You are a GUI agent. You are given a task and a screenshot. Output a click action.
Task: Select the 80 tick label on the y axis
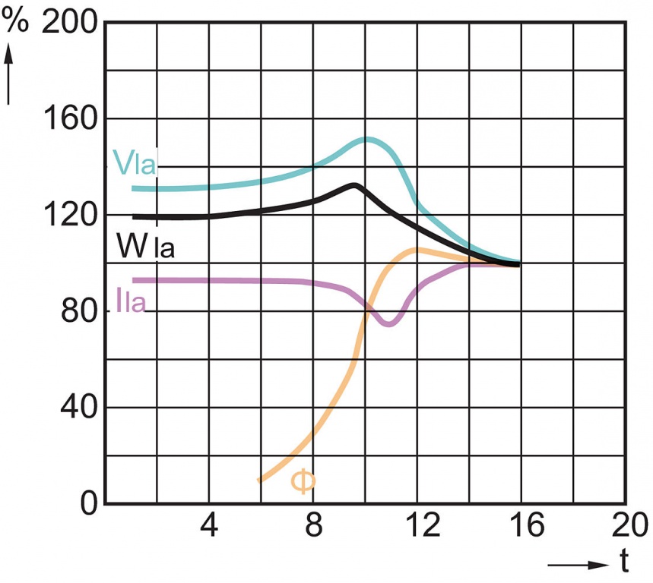(79, 311)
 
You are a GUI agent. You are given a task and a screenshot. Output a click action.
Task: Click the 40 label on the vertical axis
(79, 408)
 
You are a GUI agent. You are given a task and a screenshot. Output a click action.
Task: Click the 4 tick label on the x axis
(208, 526)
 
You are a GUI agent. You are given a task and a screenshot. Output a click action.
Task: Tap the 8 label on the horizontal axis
(312, 526)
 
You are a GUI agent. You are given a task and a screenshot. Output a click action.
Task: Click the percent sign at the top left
(15, 21)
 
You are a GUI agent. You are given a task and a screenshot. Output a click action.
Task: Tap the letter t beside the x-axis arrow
(623, 563)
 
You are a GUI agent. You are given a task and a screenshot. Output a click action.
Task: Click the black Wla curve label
(144, 245)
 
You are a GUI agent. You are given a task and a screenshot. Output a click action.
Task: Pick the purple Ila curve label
(131, 301)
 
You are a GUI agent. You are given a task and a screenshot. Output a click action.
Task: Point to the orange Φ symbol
(302, 482)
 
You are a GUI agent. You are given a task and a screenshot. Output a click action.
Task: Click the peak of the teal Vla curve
(367, 139)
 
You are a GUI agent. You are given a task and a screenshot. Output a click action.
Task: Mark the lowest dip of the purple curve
(388, 324)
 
